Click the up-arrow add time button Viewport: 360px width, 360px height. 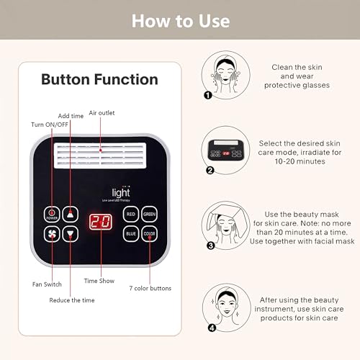coord(70,214)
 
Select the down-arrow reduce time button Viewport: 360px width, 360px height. coord(70,234)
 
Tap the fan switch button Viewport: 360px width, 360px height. coord(52,234)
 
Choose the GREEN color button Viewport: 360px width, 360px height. coord(150,214)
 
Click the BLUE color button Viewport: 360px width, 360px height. coord(131,234)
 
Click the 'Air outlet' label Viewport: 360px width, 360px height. coord(102,113)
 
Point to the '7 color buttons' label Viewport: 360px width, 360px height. coord(150,289)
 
